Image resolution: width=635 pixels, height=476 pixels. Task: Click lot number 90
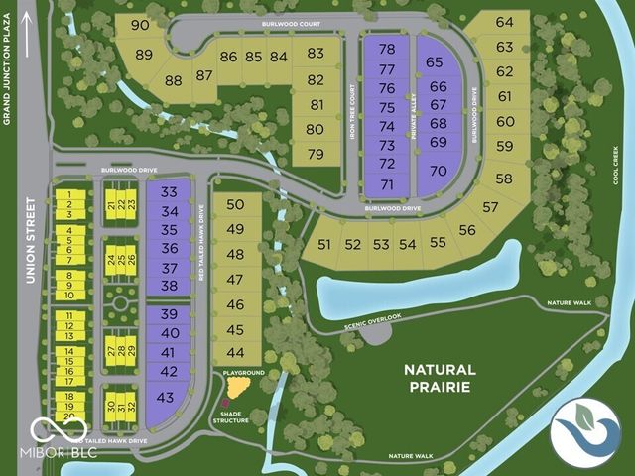click(139, 25)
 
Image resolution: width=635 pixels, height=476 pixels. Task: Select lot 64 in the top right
click(505, 22)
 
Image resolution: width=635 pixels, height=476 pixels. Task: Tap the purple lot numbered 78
click(387, 49)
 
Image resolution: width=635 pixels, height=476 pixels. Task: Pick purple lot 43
click(166, 397)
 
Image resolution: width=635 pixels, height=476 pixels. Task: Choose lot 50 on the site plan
click(235, 204)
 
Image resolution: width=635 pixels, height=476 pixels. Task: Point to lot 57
click(490, 207)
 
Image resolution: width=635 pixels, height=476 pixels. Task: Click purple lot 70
click(438, 170)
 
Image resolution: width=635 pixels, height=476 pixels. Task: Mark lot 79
click(316, 154)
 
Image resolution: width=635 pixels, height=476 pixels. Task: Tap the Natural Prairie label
click(440, 377)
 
